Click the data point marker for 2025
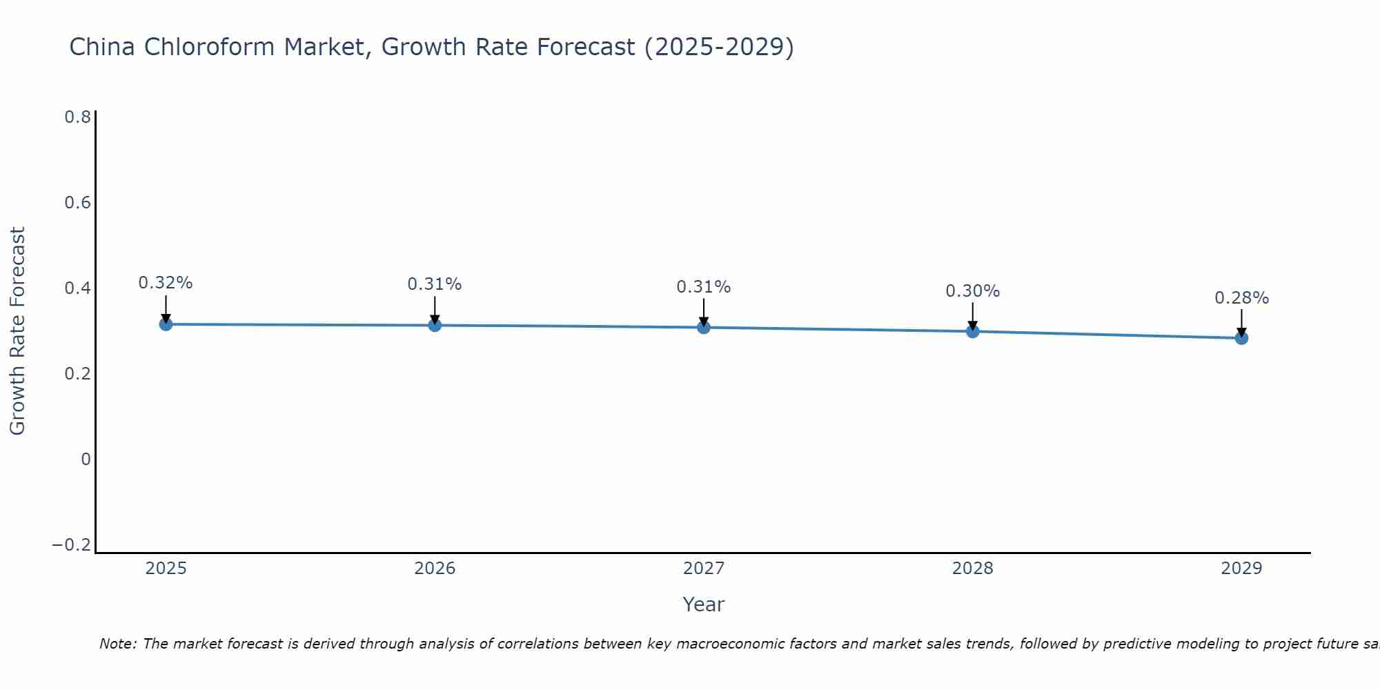point(166,324)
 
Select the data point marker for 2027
point(703,327)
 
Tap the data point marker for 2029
point(1241,337)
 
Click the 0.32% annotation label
point(166,283)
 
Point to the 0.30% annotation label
point(972,291)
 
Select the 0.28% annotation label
point(1241,298)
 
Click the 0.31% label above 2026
point(434,284)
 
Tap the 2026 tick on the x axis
point(435,569)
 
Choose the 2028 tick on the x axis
point(972,569)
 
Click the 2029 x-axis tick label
point(1241,569)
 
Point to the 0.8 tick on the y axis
point(77,117)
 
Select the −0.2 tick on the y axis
point(71,545)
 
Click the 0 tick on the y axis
point(86,460)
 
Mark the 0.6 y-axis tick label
point(77,203)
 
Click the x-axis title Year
point(703,604)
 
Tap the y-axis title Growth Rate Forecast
point(17,331)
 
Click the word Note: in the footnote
point(119,644)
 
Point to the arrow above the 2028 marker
point(972,316)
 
